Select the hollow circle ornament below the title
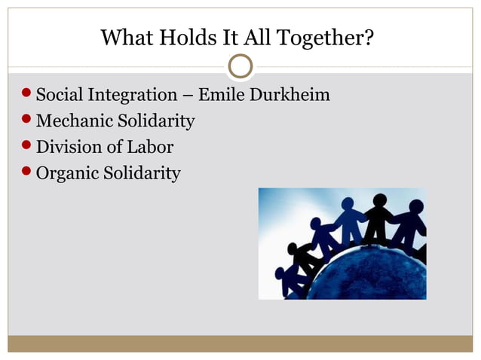point(240,66)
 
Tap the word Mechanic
point(72,121)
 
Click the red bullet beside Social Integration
point(27,96)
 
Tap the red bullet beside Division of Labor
point(27,147)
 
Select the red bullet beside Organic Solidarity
point(27,173)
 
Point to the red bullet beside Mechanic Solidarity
point(27,121)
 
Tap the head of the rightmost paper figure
point(415,206)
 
